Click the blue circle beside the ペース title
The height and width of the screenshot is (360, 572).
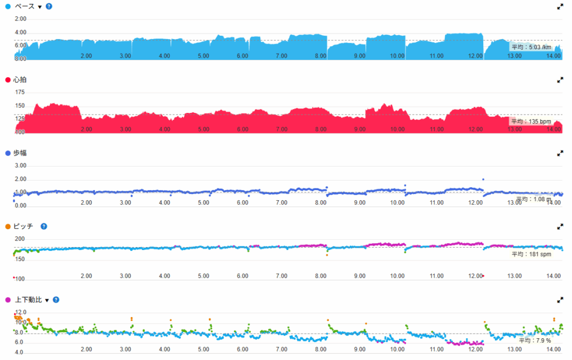pyautogui.click(x=7, y=6)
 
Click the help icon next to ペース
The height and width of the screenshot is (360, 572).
pyautogui.click(x=49, y=6)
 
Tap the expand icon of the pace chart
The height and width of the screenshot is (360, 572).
pyautogui.click(x=560, y=6)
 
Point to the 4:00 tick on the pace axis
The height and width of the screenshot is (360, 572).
pyautogui.click(x=21, y=32)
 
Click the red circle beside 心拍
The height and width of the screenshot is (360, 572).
pyautogui.click(x=7, y=80)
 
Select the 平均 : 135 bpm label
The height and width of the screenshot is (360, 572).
pyautogui.click(x=531, y=121)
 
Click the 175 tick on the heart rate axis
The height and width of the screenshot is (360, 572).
pyautogui.click(x=20, y=92)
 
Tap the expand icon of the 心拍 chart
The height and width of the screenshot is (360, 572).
pyautogui.click(x=560, y=80)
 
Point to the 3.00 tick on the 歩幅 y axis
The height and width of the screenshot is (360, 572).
pyautogui.click(x=21, y=165)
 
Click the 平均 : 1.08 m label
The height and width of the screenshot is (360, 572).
pyautogui.click(x=534, y=198)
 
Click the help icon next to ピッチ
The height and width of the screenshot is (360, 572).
pyautogui.click(x=44, y=226)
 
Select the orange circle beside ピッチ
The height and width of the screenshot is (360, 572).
pyautogui.click(x=7, y=226)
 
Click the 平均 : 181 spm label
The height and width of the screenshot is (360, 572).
pyautogui.click(x=532, y=254)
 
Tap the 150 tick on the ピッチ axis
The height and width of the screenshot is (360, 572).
pyautogui.click(x=20, y=260)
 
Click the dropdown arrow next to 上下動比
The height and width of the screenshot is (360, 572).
pyautogui.click(x=47, y=300)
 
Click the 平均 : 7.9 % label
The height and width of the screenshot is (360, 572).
pyautogui.click(x=535, y=340)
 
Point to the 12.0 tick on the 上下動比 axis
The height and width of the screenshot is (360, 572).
pyautogui.click(x=21, y=312)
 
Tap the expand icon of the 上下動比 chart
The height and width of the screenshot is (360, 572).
pyautogui.click(x=560, y=300)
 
